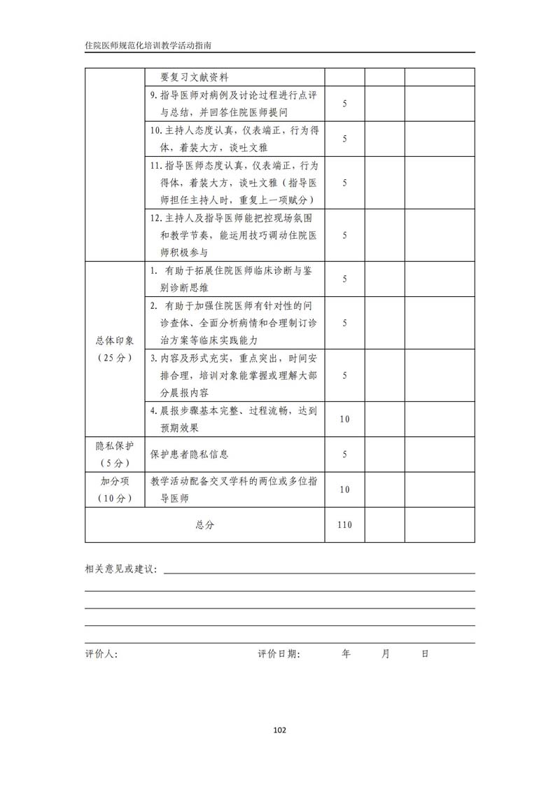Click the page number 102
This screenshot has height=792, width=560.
[279, 730]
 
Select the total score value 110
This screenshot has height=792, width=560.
[344, 525]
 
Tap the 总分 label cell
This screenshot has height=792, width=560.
[204, 525]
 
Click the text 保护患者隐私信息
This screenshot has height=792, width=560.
[190, 454]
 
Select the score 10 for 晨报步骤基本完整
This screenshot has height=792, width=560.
[344, 419]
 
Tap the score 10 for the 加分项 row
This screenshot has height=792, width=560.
[344, 489]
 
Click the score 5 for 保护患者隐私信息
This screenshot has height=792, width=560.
[344, 454]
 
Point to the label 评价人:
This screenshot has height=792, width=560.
[101, 654]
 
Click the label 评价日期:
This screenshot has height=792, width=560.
[279, 654]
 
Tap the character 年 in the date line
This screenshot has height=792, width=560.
[346, 654]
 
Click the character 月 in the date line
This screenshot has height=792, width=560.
[385, 654]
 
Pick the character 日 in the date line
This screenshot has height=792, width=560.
[424, 654]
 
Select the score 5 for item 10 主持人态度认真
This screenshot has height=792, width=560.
[344, 139]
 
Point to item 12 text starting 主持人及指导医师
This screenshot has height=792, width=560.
[234, 218]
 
